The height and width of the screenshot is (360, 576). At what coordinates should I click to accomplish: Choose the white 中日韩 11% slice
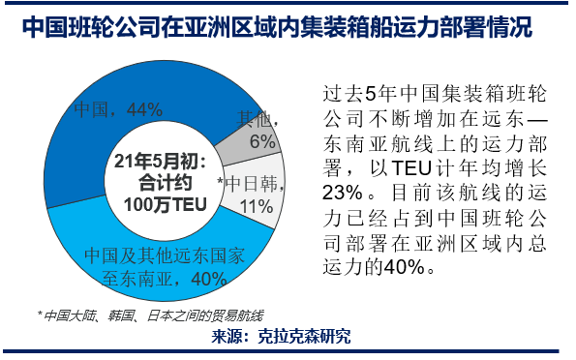click(x=259, y=194)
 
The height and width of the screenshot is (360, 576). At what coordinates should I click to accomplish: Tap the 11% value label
click(x=256, y=205)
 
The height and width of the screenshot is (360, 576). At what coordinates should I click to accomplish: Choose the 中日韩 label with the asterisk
click(x=249, y=182)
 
